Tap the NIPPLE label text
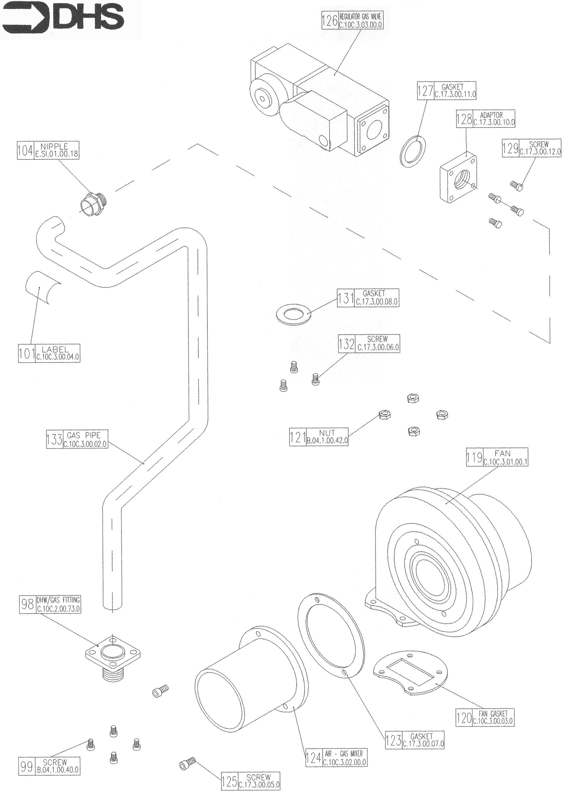pyautogui.click(x=54, y=146)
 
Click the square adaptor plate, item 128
pyautogui.click(x=458, y=180)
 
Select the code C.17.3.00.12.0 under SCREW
pyautogui.click(x=540, y=152)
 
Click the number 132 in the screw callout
pyautogui.click(x=347, y=344)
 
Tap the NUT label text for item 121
pyautogui.click(x=327, y=433)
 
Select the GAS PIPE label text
pyautogui.click(x=84, y=435)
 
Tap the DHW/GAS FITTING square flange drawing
pyautogui.click(x=113, y=653)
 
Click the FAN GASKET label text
pyautogui.click(x=493, y=713)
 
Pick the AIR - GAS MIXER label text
pyautogui.click(x=344, y=754)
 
